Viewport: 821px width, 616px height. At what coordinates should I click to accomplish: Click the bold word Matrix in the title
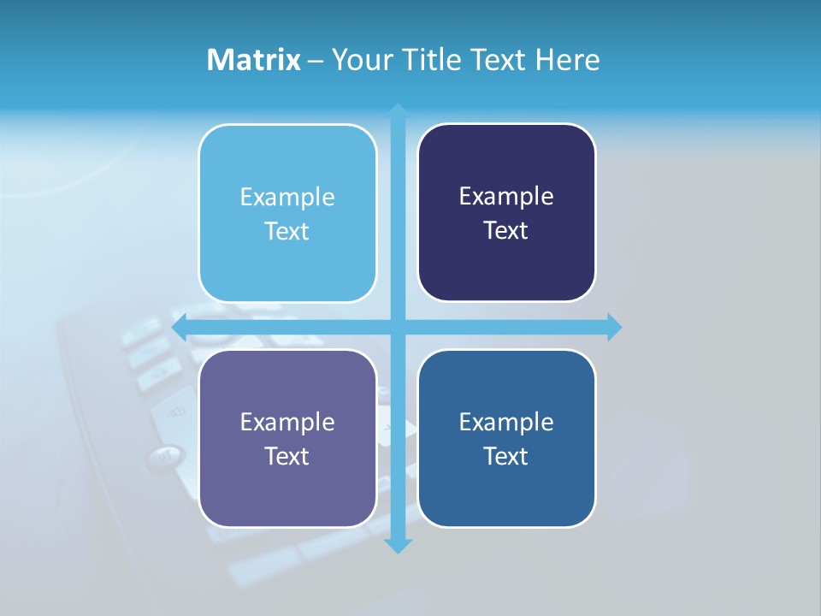(x=253, y=60)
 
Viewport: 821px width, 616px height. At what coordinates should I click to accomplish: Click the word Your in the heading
(x=359, y=60)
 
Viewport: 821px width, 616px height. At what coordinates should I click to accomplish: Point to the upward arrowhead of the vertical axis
(x=398, y=110)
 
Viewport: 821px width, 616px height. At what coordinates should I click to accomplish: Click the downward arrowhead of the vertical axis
(x=398, y=546)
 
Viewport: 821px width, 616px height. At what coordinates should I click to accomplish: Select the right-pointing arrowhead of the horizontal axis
(x=614, y=327)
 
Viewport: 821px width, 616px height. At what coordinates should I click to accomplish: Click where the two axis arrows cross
(x=398, y=327)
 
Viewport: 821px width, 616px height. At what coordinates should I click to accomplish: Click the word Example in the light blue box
(x=287, y=198)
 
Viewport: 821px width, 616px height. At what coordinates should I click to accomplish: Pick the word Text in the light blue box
(x=287, y=232)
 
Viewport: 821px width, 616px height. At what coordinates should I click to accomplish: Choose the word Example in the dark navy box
(x=506, y=197)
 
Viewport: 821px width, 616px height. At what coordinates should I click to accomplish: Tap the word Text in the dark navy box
(x=506, y=231)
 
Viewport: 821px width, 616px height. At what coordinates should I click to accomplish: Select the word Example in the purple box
(x=287, y=423)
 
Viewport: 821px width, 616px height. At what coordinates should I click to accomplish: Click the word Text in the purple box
(x=287, y=457)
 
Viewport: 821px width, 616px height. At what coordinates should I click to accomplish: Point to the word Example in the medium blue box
(x=506, y=423)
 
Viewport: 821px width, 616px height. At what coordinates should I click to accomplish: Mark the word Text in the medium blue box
(x=506, y=457)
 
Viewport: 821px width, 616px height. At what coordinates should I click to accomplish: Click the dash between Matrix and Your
(x=316, y=61)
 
